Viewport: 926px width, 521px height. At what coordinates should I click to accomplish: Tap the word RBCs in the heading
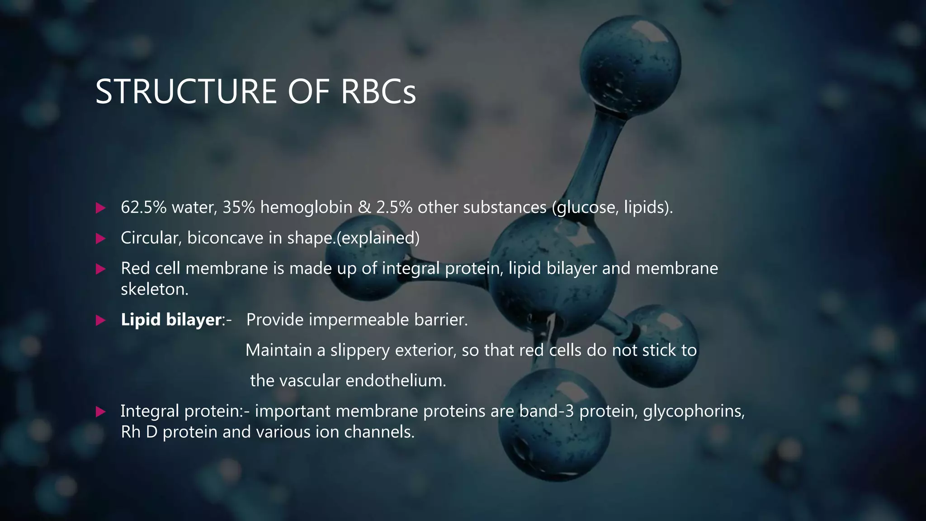[x=378, y=92]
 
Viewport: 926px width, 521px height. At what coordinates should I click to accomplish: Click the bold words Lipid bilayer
[x=171, y=320]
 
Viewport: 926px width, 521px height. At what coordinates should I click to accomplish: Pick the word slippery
[x=359, y=350]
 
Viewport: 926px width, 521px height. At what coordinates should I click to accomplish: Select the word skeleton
[x=154, y=289]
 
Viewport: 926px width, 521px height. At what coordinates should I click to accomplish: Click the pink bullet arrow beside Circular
[x=100, y=238]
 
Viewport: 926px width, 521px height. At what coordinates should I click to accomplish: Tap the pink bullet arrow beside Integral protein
[x=100, y=412]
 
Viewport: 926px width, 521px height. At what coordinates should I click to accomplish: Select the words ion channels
[x=365, y=432]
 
